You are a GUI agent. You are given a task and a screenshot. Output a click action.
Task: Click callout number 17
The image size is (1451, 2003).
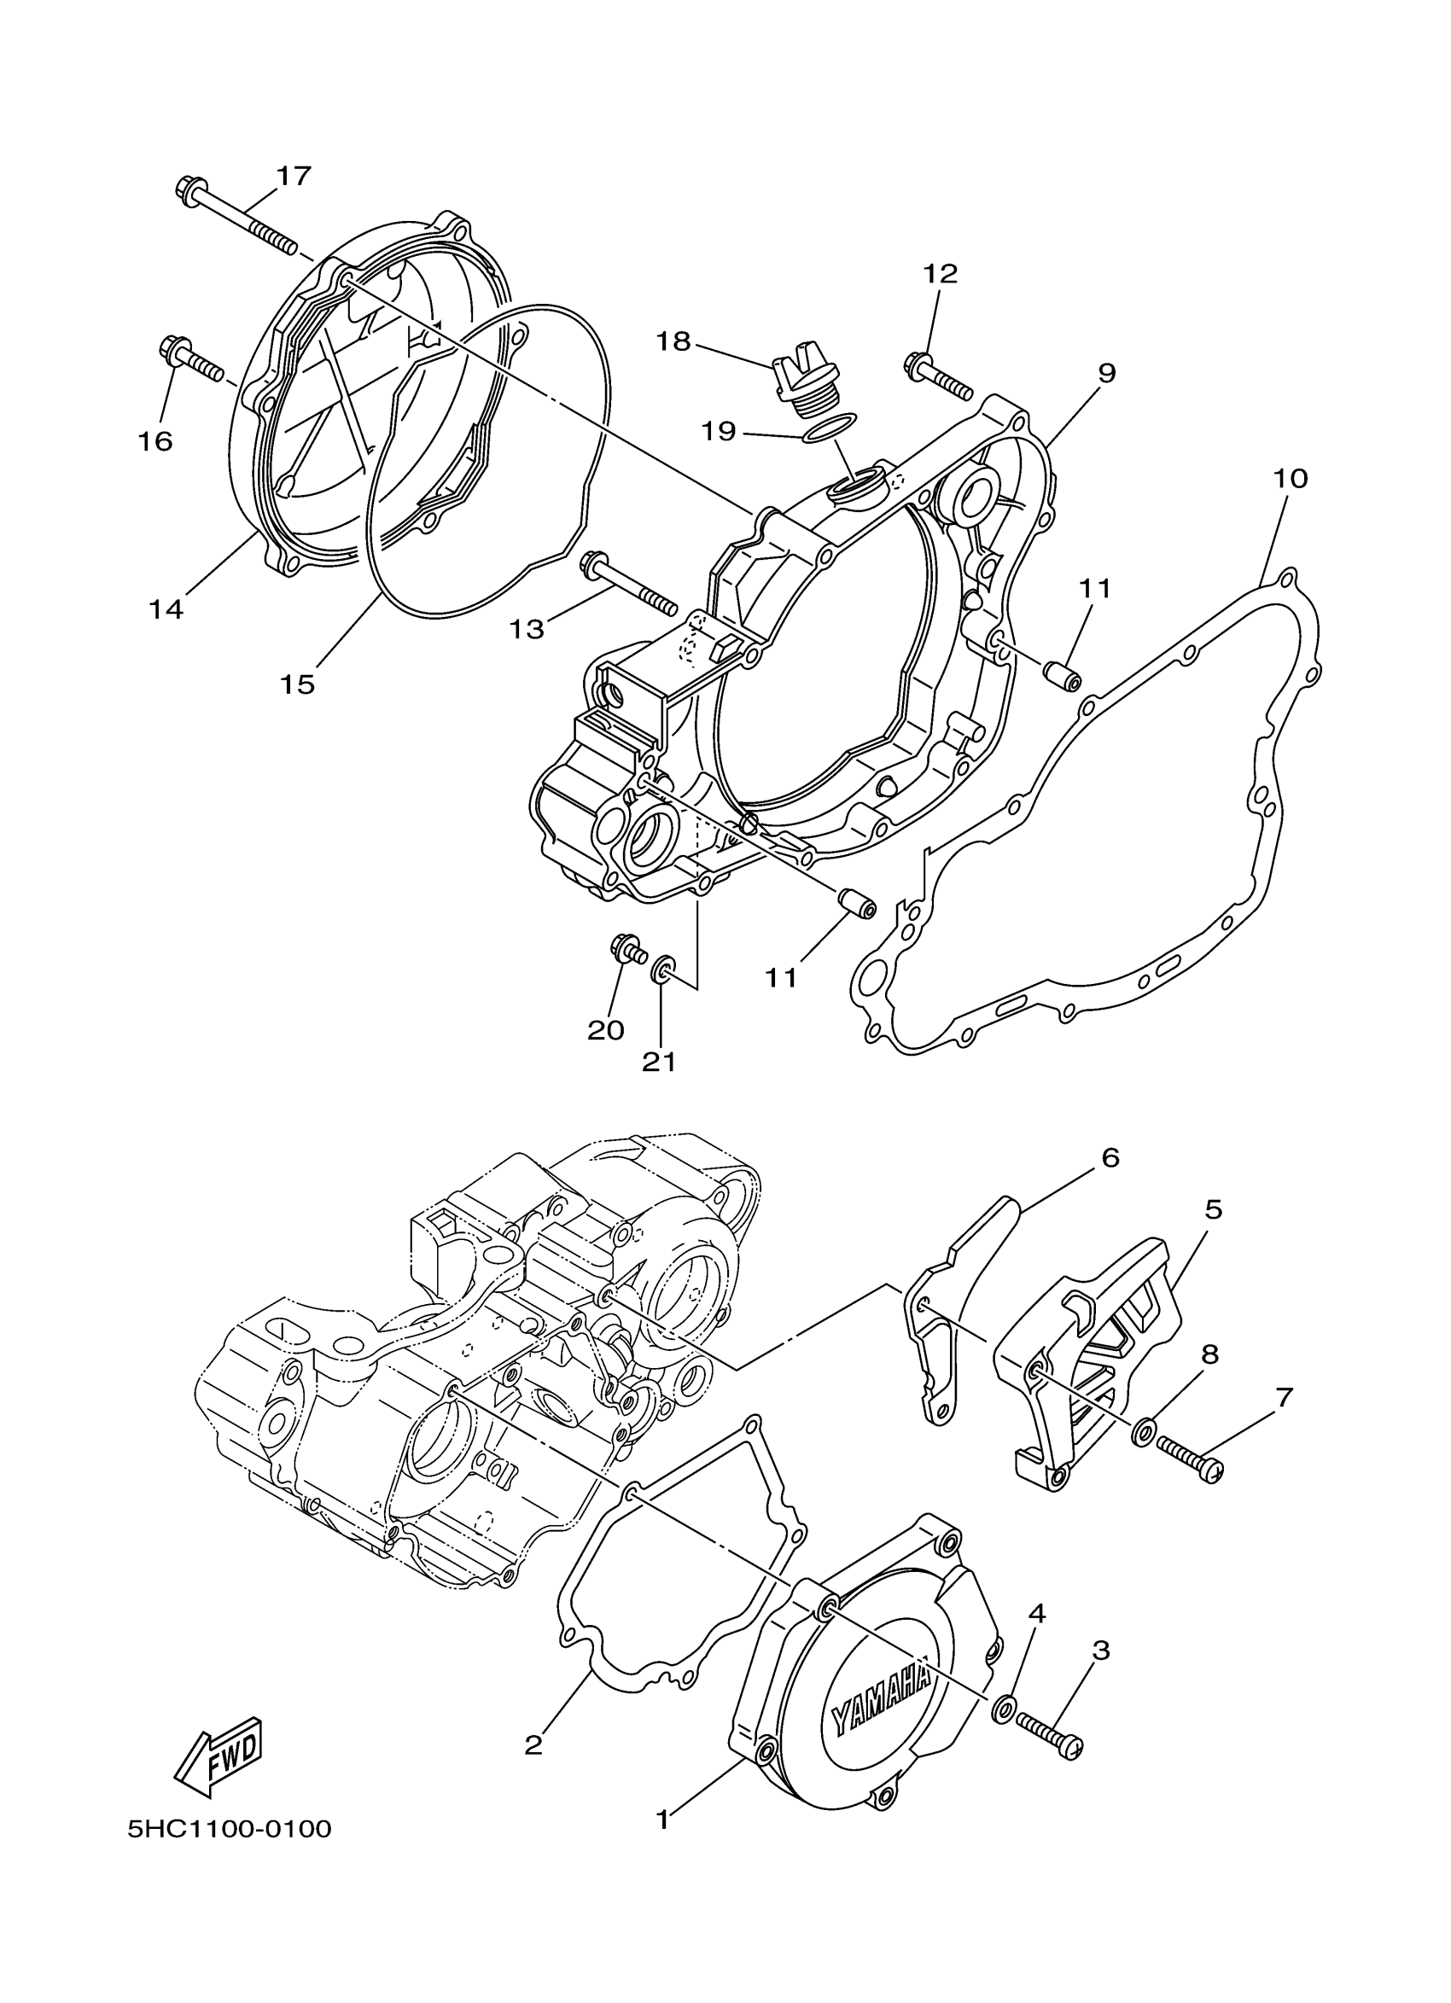point(294,176)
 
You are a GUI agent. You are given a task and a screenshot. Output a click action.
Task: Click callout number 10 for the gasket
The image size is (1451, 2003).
point(1290,479)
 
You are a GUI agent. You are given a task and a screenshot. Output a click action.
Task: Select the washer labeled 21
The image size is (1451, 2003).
point(661,971)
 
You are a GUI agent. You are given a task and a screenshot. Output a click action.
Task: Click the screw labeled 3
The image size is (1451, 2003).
point(1048,1721)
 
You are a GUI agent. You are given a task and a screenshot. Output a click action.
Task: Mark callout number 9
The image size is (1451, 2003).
point(1106,373)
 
